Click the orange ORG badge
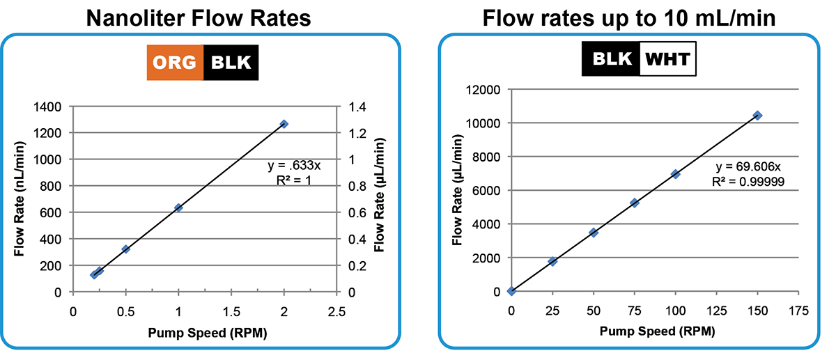[x=175, y=63]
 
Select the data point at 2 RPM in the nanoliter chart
[x=284, y=124]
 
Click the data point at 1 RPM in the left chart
[x=178, y=208]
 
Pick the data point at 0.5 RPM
[x=126, y=249]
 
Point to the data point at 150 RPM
[x=757, y=115]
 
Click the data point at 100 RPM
[x=675, y=174]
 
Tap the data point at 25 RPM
[x=552, y=261]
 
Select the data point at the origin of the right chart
[x=511, y=291]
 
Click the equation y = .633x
[x=294, y=166]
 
